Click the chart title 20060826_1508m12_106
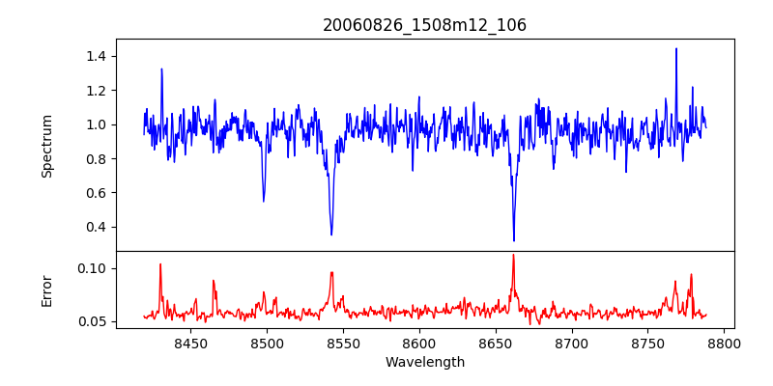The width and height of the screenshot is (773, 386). point(424,25)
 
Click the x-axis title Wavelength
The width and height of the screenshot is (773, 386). point(424,363)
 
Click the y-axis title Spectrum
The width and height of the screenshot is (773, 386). point(46,145)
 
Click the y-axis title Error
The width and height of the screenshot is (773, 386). point(46,290)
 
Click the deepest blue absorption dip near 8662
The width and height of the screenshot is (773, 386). point(514,240)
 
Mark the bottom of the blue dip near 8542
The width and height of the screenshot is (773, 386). point(331,234)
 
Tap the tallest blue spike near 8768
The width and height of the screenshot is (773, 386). point(676,49)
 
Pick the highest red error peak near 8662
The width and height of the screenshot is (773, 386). point(513,256)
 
